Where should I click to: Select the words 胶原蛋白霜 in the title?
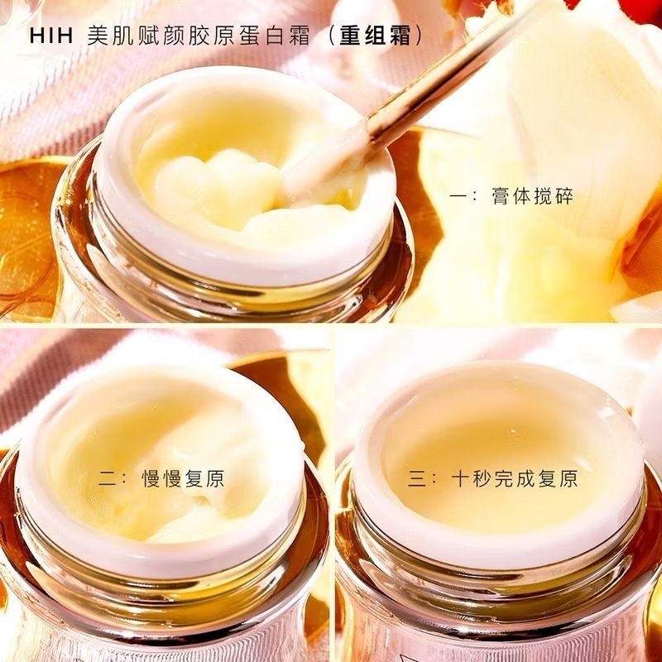(250, 36)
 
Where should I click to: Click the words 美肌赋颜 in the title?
(137, 36)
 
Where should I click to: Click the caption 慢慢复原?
(184, 480)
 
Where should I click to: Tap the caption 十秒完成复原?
(514, 480)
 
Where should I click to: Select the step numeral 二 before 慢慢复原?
(108, 480)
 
